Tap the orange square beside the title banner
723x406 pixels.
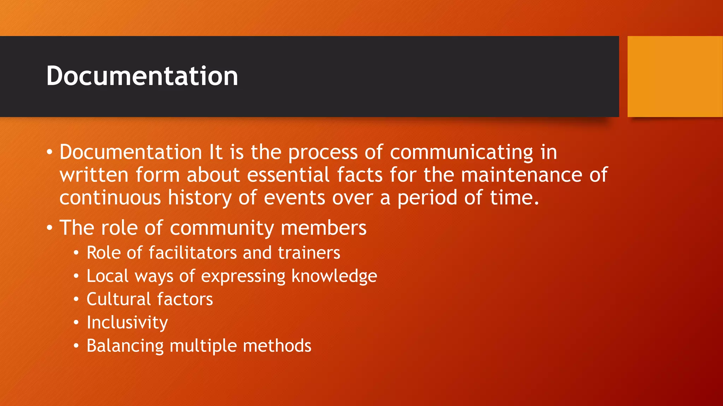(x=675, y=76)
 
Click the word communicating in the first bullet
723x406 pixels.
(x=461, y=152)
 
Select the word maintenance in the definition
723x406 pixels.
(x=521, y=175)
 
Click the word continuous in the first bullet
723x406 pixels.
(x=110, y=197)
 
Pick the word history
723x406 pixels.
(x=199, y=198)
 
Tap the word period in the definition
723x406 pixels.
(x=427, y=198)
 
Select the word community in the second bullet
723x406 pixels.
(x=222, y=228)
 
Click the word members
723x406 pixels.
(x=323, y=228)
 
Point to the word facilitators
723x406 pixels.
(x=193, y=253)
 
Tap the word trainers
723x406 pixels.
(x=309, y=253)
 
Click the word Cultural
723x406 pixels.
(x=119, y=299)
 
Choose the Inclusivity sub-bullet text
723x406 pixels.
(x=127, y=322)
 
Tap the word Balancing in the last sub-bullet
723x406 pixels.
(x=125, y=346)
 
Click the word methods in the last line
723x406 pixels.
(x=277, y=345)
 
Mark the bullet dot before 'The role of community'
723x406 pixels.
(x=49, y=228)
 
